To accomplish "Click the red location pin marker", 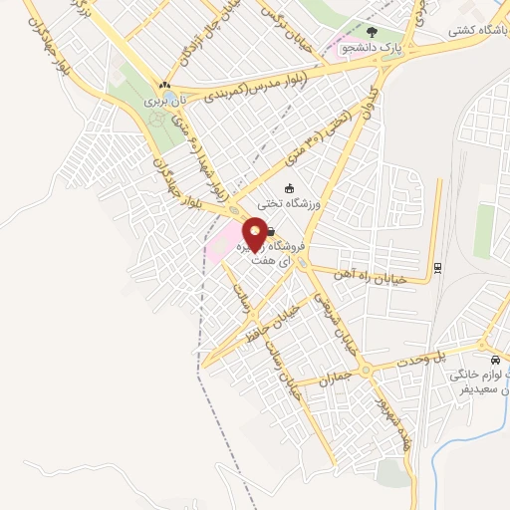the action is point(255,234).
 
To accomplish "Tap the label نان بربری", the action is point(160,102).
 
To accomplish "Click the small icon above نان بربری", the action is point(163,86).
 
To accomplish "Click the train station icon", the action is point(436,267).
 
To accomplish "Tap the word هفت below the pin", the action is point(263,259).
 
